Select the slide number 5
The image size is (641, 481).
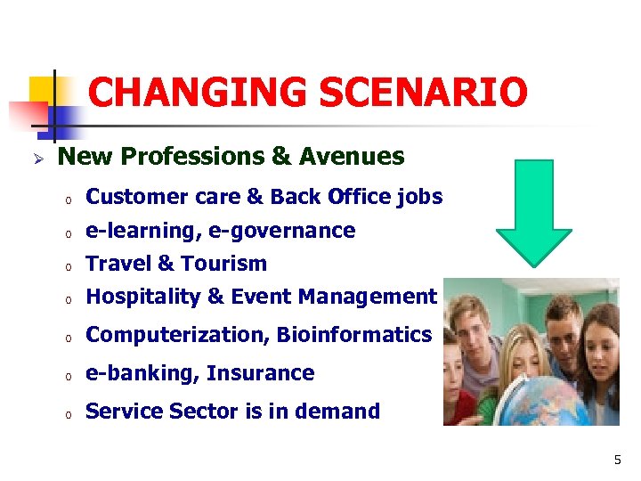click(x=617, y=461)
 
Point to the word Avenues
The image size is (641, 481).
click(x=352, y=157)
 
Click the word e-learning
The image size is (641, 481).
click(x=142, y=231)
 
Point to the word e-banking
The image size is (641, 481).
click(x=142, y=373)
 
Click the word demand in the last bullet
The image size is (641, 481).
click(x=343, y=412)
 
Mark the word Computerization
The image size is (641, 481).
click(x=177, y=335)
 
